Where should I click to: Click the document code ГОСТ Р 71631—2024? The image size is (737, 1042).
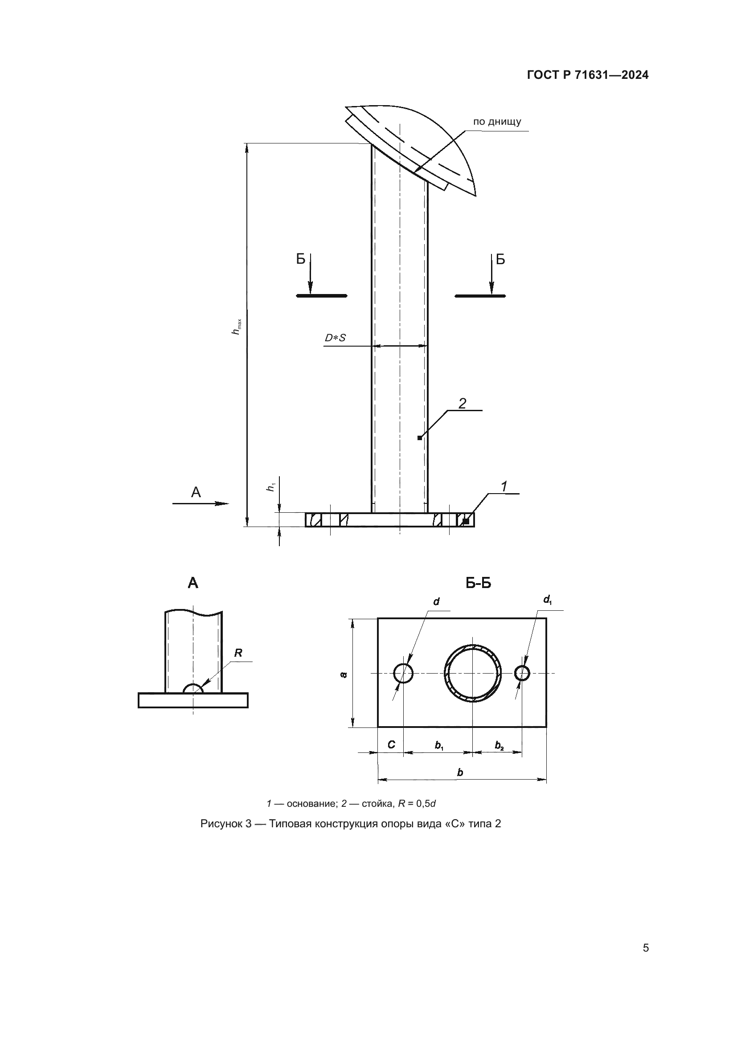point(588,75)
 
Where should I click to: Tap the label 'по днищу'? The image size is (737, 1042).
point(497,122)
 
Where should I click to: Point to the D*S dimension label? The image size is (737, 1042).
point(335,338)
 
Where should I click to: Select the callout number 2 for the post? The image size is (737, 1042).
point(462,403)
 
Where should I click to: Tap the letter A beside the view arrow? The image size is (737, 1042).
point(196,492)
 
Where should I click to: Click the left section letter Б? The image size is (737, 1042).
point(300,259)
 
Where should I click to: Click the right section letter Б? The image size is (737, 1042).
point(500,259)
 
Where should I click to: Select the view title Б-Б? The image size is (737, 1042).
point(478,583)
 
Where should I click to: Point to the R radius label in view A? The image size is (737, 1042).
point(238,653)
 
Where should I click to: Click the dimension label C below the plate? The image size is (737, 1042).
point(391,745)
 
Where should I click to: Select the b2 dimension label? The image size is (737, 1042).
point(499,746)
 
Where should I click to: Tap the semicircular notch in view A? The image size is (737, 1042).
point(193,688)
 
